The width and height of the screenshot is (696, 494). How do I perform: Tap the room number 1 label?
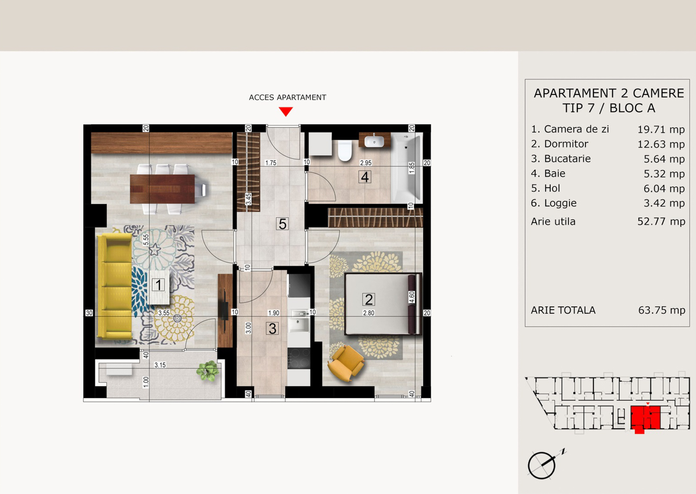click(x=158, y=285)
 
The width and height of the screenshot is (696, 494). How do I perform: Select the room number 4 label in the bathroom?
click(x=365, y=177)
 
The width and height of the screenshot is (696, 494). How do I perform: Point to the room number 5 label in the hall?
click(x=282, y=224)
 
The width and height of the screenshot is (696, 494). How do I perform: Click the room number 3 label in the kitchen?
click(x=272, y=329)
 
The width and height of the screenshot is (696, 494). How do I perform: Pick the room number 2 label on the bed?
click(x=369, y=299)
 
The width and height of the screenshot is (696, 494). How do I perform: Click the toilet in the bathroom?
click(x=345, y=150)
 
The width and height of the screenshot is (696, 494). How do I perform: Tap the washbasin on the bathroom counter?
click(x=374, y=141)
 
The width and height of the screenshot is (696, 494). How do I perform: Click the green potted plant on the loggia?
click(x=207, y=370)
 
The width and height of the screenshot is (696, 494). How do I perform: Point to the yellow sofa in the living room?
click(x=114, y=286)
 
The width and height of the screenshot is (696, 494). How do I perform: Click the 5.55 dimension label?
click(x=146, y=239)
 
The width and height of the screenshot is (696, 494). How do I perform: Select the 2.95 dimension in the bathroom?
click(x=366, y=163)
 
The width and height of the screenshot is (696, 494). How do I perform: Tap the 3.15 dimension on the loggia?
click(x=160, y=365)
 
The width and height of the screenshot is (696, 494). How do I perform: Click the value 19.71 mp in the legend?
click(x=661, y=129)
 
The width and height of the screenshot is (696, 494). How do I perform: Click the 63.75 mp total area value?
click(x=662, y=310)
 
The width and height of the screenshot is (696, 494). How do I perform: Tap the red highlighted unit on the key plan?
click(x=646, y=418)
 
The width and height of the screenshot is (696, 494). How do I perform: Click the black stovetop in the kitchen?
click(x=298, y=358)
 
